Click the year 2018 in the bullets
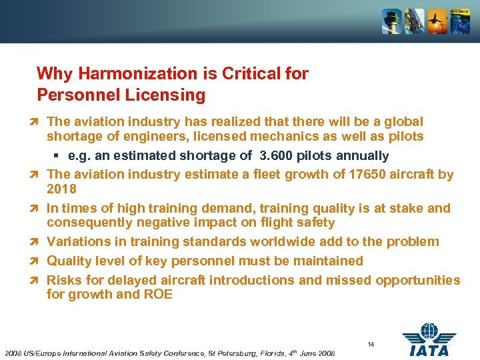(61, 189)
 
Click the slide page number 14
(371, 344)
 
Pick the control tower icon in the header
(391, 21)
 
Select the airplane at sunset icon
(437, 21)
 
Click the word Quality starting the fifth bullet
(69, 261)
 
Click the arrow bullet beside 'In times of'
(38, 209)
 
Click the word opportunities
(417, 280)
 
